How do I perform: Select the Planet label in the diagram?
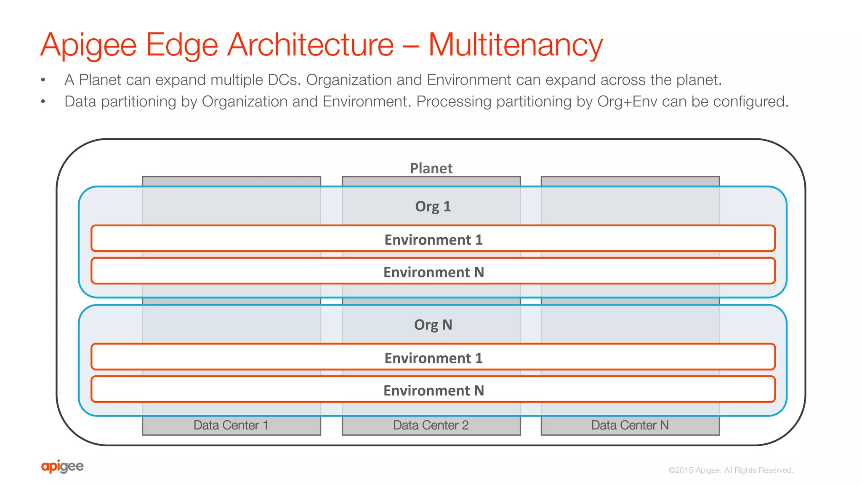click(x=431, y=168)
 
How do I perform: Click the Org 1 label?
click(x=433, y=207)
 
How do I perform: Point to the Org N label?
click(x=433, y=325)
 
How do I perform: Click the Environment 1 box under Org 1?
click(x=433, y=239)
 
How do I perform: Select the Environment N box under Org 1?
click(x=433, y=271)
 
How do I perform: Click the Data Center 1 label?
click(x=231, y=425)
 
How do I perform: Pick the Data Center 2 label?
click(x=431, y=425)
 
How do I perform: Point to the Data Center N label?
click(x=630, y=425)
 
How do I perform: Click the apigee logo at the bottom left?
click(x=62, y=466)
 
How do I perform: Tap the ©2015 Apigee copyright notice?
click(x=731, y=470)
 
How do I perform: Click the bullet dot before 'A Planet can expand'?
click(x=43, y=80)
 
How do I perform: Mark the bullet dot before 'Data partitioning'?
click(x=43, y=101)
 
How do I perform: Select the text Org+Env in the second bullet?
click(x=627, y=101)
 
